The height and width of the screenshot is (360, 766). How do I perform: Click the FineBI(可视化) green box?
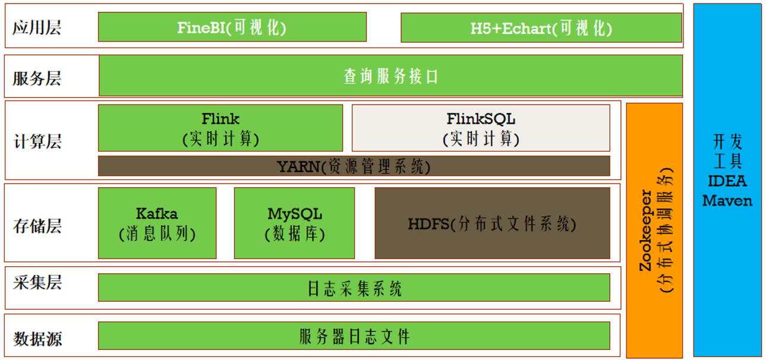point(232,27)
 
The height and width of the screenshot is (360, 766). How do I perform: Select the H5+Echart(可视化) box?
point(541,28)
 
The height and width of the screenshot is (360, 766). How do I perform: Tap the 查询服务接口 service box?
point(390,76)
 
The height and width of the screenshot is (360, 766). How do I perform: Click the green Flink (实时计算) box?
point(220,128)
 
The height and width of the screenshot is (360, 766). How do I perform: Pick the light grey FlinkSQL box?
point(481,128)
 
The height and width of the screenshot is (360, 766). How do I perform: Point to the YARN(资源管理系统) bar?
point(354,166)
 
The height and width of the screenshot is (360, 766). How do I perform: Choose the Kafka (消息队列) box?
point(157,223)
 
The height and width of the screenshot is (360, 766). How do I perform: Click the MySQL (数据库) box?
point(294,223)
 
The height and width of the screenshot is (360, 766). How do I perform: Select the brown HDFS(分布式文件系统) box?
point(492,223)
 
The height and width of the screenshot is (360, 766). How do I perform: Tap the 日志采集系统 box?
point(354,288)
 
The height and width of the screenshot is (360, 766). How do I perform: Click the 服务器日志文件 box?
point(354,336)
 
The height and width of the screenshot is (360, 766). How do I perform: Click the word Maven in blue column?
point(727,201)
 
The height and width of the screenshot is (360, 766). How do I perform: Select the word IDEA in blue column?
point(727,181)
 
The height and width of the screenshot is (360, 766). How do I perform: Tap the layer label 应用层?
point(37,27)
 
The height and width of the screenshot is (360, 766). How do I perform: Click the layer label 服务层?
point(37,78)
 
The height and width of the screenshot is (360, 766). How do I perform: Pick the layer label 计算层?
point(37,141)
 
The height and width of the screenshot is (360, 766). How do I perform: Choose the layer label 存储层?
point(37,226)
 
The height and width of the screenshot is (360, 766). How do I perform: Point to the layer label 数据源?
point(37,339)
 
